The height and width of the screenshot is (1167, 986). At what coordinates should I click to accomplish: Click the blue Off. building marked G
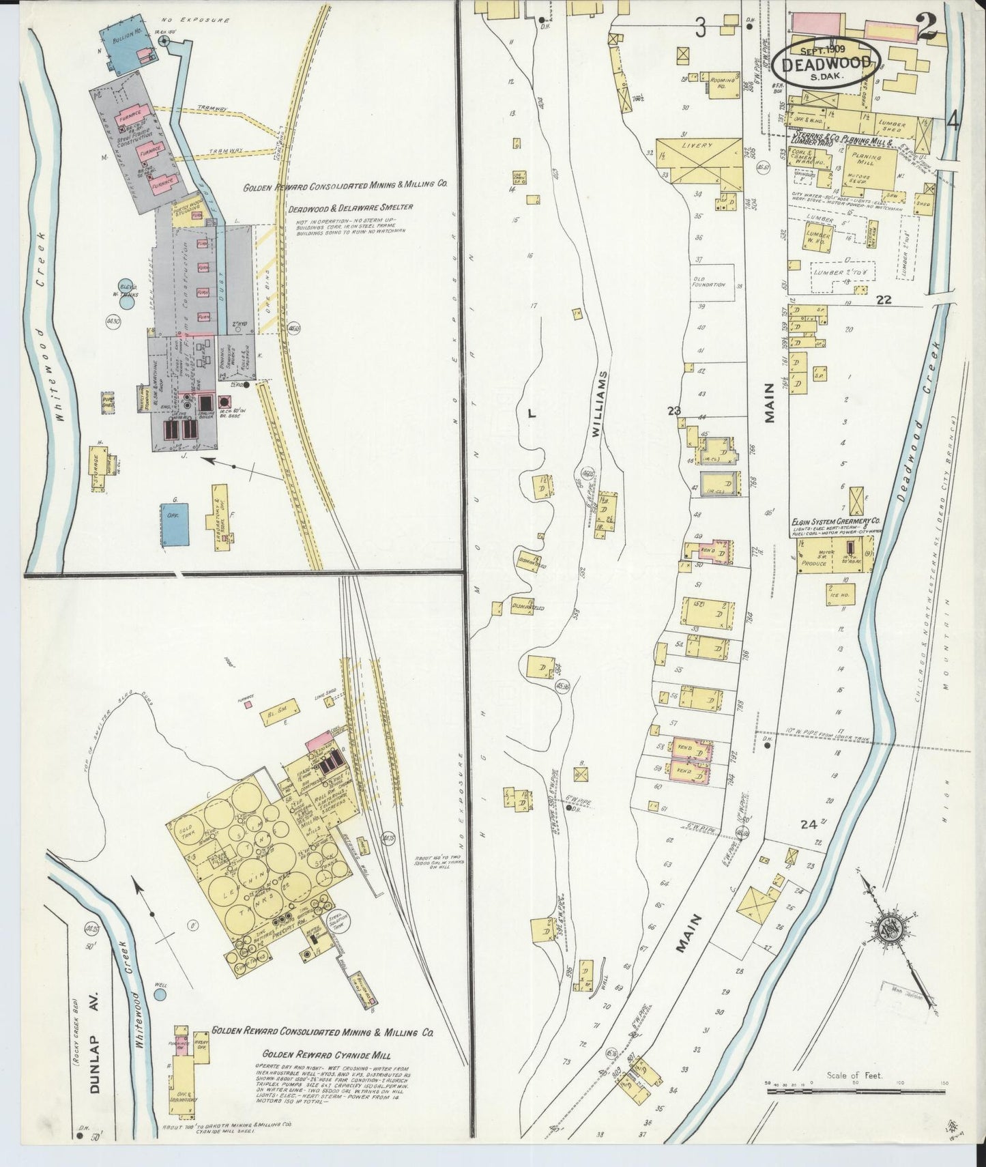[175, 524]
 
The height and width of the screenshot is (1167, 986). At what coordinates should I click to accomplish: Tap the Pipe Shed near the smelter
[108, 401]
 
